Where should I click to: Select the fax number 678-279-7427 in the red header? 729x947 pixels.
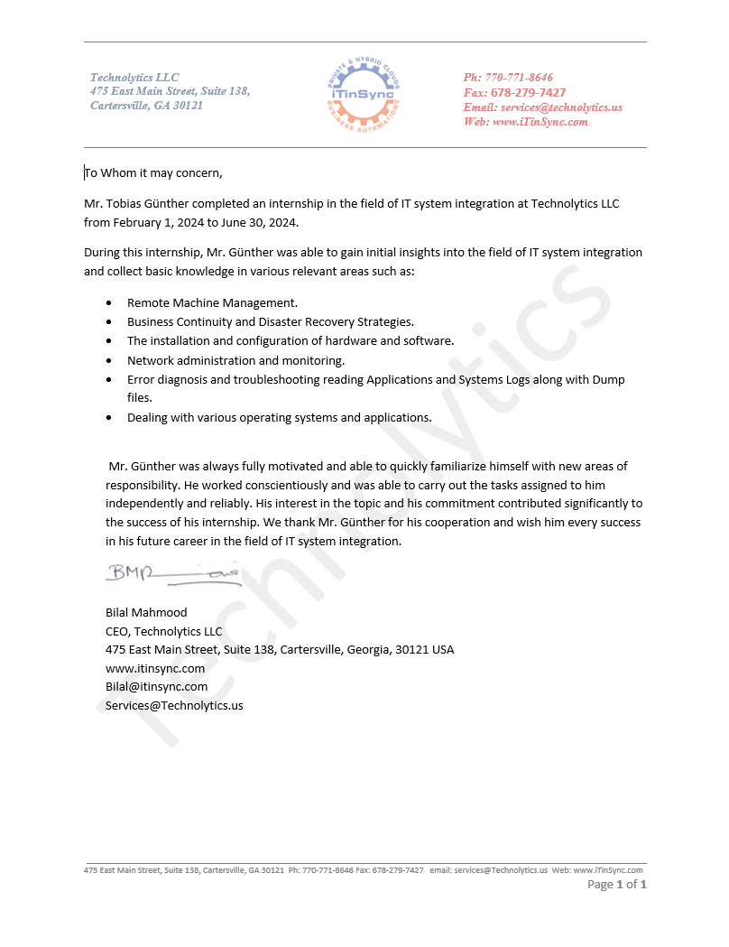coord(528,92)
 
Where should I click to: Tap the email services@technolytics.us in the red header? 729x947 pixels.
coord(561,107)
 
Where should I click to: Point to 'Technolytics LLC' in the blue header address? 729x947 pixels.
coord(134,78)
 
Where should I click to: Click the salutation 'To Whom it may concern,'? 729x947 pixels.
coord(153,172)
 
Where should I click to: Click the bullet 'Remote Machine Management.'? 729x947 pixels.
coord(212,302)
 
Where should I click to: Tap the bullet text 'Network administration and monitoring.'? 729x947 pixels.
coord(235,360)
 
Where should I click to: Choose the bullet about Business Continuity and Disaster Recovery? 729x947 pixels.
coord(271,321)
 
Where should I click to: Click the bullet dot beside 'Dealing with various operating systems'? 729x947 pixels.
coord(109,418)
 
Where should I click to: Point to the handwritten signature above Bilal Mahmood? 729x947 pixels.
coord(172,574)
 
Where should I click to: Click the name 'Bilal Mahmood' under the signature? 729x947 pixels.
coord(146,612)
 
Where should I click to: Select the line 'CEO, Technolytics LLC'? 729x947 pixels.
coord(163,631)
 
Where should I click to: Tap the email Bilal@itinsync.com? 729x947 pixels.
coord(156,686)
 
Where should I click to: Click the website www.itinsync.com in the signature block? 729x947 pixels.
coord(155,668)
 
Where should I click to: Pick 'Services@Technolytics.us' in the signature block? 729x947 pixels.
coord(174,705)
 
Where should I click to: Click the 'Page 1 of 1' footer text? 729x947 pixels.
coord(616,885)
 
